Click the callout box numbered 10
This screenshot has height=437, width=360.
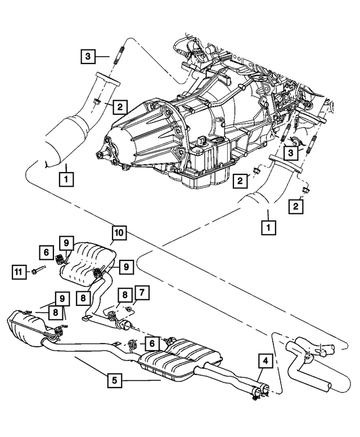pyautogui.click(x=119, y=232)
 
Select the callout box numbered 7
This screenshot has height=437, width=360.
pyautogui.click(x=142, y=292)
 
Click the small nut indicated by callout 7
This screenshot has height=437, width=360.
pyautogui.click(x=130, y=309)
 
